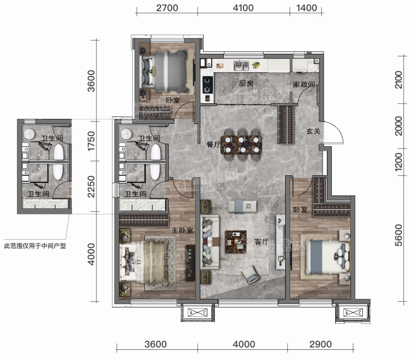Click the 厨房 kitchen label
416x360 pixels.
coord(246,84)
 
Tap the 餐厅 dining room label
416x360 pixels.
coord(214,144)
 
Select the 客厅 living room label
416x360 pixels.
coord(262,242)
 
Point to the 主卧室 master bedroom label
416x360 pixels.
coord(182,230)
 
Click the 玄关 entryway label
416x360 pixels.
coord(314,131)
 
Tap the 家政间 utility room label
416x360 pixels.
coord(304,84)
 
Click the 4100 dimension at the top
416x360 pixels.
coord(243,8)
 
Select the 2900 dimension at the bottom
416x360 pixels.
coord(321,344)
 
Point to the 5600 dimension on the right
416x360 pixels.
coord(398,235)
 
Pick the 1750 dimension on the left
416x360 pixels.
coord(91,141)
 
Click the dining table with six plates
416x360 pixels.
coord(242,144)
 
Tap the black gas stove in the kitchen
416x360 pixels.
coord(208,85)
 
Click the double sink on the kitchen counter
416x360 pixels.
coord(241,65)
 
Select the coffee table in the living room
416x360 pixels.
coord(236,242)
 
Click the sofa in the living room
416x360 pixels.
coord(211,242)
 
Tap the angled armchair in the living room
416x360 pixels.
coord(250,275)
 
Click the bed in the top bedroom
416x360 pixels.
coord(165,71)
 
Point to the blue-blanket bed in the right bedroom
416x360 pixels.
coord(327,258)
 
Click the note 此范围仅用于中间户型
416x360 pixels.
coord(35,246)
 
